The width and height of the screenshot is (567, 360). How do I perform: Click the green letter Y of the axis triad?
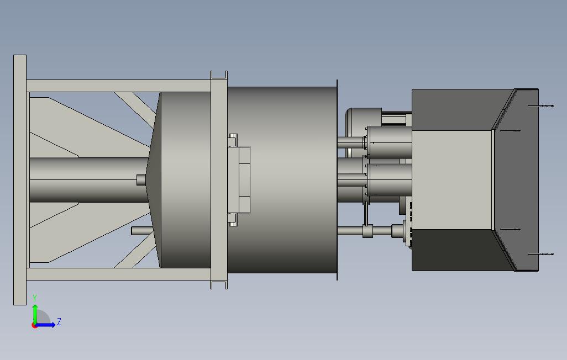coord(35,298)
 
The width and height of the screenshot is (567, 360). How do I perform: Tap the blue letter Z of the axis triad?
coord(59,321)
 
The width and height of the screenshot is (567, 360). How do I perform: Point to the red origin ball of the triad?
coord(34,326)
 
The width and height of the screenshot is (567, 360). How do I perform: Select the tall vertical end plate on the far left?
coord(20,180)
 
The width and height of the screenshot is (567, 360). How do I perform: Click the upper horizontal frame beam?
coord(119,86)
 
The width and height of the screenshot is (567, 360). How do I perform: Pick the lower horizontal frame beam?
coord(119,274)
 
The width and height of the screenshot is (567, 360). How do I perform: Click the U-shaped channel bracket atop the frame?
coord(219,76)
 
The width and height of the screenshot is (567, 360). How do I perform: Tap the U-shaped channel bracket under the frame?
coord(219,285)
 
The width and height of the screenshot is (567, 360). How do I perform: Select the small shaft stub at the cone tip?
coord(141,180)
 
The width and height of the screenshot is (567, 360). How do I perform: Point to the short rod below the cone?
coord(141,231)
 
